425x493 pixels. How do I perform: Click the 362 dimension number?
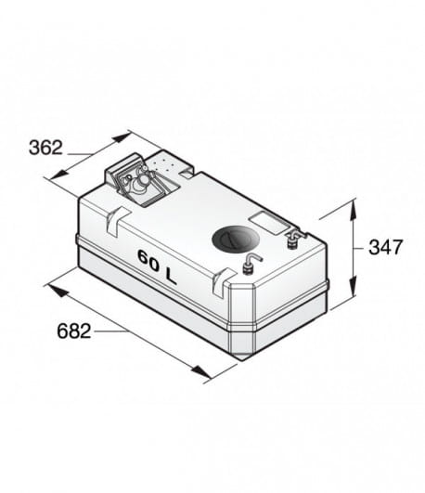coord(45,148)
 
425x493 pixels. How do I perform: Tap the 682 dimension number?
coord(74,331)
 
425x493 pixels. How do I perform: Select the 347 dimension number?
coord(385,247)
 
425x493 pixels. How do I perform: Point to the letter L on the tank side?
coord(171,277)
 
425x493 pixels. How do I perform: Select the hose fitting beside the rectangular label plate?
coord(294,239)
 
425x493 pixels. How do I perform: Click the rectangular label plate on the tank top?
coord(269,222)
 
